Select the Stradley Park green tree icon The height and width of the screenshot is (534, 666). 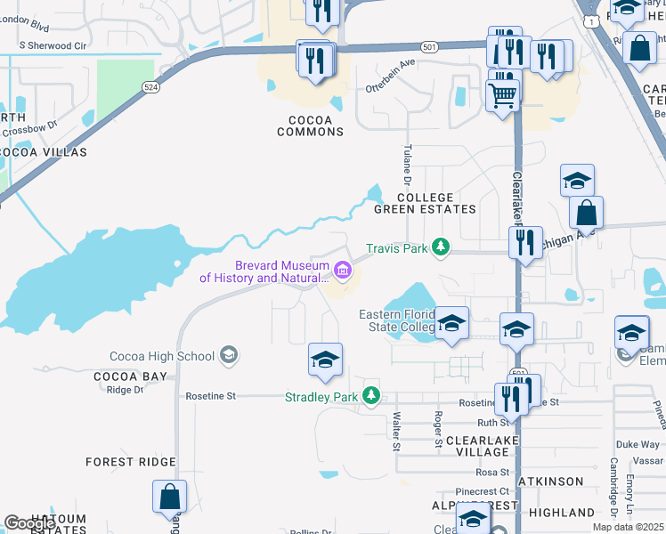pyautogui.click(x=372, y=396)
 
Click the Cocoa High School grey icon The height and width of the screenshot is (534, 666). pyautogui.click(x=229, y=356)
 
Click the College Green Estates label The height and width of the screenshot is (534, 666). pyautogui.click(x=425, y=203)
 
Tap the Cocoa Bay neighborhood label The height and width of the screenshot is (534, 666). pyautogui.click(x=130, y=376)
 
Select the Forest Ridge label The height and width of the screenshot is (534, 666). pyautogui.click(x=130, y=462)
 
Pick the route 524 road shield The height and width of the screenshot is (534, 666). pyautogui.click(x=150, y=85)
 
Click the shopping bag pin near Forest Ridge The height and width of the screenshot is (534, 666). pyautogui.click(x=169, y=496)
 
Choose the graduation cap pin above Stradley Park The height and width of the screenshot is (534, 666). pyautogui.click(x=325, y=360)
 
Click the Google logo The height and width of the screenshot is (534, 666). pyautogui.click(x=30, y=523)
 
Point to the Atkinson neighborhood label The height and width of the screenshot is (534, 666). pyautogui.click(x=555, y=481)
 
